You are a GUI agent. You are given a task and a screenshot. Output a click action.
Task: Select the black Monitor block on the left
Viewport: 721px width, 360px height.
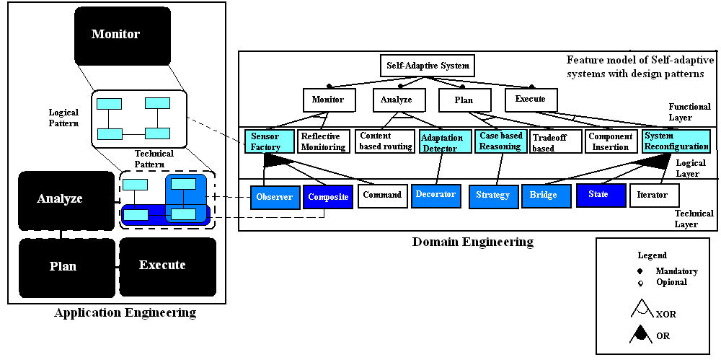(122, 35)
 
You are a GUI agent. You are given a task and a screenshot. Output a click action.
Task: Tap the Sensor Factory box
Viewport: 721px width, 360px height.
(267, 141)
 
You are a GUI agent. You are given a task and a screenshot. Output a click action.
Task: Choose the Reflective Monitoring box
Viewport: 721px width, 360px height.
(322, 141)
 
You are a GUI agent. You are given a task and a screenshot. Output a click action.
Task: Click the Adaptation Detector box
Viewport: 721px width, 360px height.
(441, 142)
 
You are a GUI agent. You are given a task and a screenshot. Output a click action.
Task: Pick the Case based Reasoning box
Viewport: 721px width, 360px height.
(500, 141)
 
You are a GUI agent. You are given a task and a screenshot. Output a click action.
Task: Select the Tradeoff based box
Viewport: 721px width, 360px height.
(555, 142)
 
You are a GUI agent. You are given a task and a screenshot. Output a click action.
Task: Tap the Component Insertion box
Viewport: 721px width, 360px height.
(611, 141)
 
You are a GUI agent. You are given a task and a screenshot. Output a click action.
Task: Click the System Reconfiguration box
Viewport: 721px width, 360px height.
(676, 141)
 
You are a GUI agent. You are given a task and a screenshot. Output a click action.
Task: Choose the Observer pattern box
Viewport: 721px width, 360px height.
(275, 196)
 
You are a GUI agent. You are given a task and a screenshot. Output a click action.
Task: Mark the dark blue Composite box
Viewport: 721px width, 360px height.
(327, 196)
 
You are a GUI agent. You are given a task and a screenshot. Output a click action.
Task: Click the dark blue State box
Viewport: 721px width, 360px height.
(598, 195)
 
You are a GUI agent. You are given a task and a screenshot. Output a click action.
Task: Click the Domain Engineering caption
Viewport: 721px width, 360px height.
(472, 242)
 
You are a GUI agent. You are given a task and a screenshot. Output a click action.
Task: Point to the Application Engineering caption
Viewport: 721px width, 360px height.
(125, 313)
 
